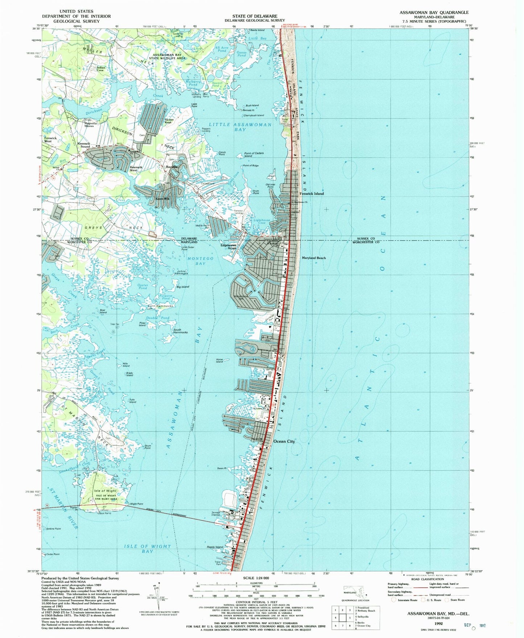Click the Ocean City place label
(284, 441)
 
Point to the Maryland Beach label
(314, 258)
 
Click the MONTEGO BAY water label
(201, 261)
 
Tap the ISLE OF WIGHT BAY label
(147, 549)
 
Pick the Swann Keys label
(169, 121)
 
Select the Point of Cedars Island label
(253, 154)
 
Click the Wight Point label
(136, 504)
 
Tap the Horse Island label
(219, 360)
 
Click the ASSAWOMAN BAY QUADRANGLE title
(434, 12)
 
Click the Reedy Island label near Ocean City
(215, 547)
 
